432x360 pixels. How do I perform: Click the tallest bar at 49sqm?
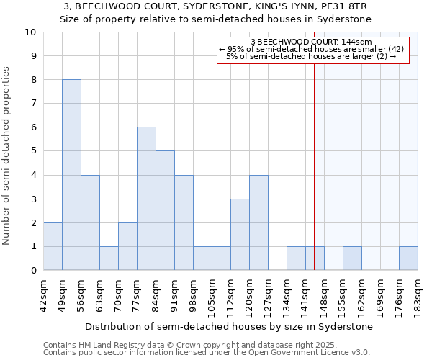pyautogui.click(x=71, y=175)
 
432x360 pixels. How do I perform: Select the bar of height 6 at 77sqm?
pyautogui.click(x=146, y=199)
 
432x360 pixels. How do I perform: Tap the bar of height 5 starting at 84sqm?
pyautogui.click(x=165, y=210)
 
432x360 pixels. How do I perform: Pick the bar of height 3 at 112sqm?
pyautogui.click(x=240, y=234)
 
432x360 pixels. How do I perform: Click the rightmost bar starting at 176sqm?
pyautogui.click(x=408, y=258)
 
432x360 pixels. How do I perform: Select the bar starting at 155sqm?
pyautogui.click(x=352, y=258)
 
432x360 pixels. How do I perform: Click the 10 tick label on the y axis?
pyautogui.click(x=30, y=32)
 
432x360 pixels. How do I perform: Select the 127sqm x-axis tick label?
pyautogui.click(x=268, y=294)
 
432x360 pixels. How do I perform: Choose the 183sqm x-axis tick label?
pyautogui.click(x=418, y=294)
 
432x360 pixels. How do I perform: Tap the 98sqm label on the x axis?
pyautogui.click(x=193, y=294)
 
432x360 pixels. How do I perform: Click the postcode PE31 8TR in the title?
pyautogui.click(x=323, y=6)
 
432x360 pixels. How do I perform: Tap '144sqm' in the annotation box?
pyautogui.click(x=356, y=42)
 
